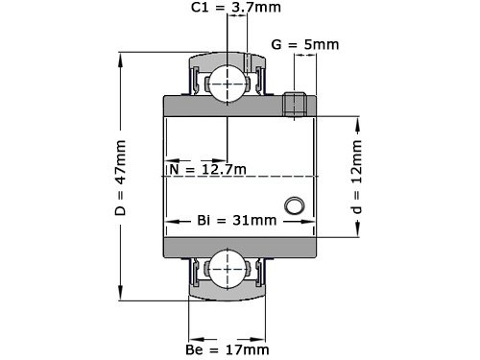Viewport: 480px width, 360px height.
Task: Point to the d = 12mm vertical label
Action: (x=356, y=177)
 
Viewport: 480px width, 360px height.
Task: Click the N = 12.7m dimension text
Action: (x=207, y=170)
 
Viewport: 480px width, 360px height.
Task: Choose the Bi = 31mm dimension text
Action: (x=235, y=220)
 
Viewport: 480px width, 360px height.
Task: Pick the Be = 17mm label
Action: (x=228, y=350)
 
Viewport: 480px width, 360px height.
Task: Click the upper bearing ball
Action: (x=228, y=82)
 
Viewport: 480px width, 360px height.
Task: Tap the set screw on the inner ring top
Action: (x=296, y=103)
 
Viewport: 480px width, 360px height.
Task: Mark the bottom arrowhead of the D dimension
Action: (x=121, y=295)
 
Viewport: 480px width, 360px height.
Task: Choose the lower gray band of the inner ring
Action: (x=240, y=248)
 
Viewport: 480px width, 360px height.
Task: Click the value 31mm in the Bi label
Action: (x=253, y=220)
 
